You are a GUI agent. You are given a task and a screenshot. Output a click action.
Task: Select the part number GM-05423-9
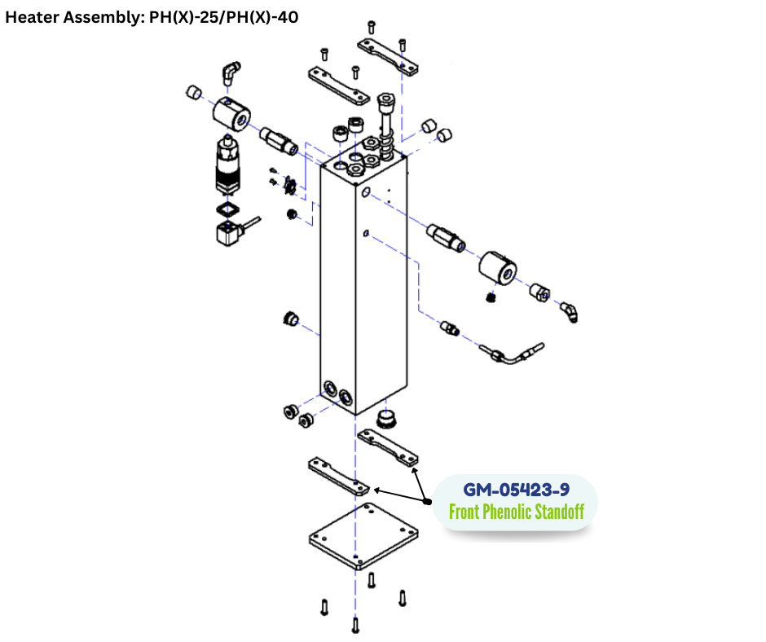[x=516, y=490]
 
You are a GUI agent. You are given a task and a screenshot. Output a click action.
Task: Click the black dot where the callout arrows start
[x=427, y=501]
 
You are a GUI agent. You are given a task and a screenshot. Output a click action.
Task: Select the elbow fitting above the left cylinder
[x=231, y=74]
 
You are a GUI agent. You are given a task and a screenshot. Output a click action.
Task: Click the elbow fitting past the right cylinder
[x=569, y=310]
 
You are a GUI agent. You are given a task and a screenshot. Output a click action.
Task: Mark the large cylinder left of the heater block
[x=231, y=112]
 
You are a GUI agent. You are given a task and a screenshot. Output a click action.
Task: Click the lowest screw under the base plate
[x=354, y=625]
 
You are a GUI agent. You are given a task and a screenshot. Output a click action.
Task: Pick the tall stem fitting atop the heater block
[x=386, y=122]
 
